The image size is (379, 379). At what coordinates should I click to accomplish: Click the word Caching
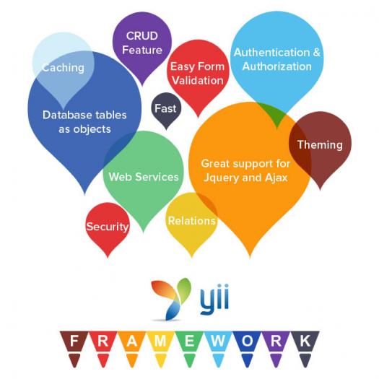point(63,68)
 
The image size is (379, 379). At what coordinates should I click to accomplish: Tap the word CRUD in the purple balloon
point(142,36)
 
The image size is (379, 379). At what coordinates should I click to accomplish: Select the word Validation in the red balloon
point(198,80)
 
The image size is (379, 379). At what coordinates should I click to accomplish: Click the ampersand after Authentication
point(316,53)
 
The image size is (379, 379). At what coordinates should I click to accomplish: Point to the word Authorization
point(276,66)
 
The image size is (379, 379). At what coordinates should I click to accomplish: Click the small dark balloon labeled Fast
point(166,110)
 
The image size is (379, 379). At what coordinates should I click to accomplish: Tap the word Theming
point(320,145)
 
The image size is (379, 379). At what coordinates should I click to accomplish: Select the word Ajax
point(276,178)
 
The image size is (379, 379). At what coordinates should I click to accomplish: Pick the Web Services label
point(144,177)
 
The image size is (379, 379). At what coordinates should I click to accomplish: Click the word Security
point(108,227)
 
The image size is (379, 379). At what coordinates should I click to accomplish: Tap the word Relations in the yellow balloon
point(192,221)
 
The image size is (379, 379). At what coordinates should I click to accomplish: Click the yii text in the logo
point(214,299)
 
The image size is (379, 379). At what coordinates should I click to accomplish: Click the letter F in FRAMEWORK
point(74,341)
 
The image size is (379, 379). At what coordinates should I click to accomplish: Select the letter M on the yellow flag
point(160,341)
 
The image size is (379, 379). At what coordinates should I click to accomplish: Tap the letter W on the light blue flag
point(217,341)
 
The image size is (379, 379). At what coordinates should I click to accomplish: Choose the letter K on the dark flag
point(305,341)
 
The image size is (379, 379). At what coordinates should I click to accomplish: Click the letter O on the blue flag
point(247,341)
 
